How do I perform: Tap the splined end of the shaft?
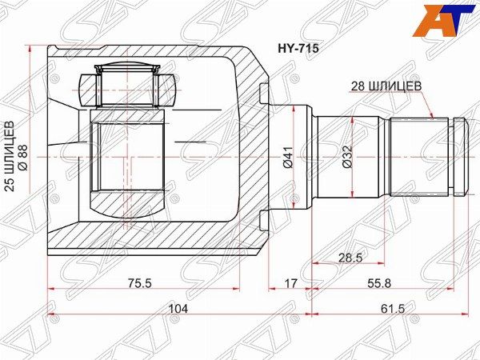[419, 158]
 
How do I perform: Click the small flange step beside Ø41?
[265, 158]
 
